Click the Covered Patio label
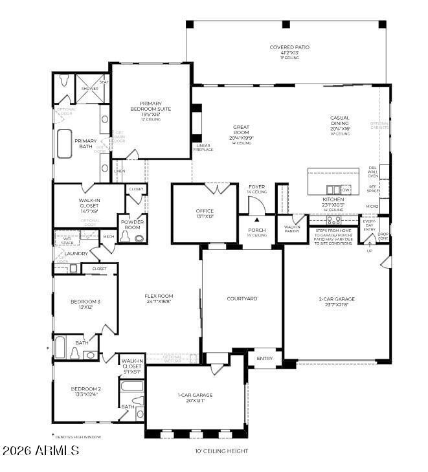tap(289, 47)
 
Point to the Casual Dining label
tap(339, 121)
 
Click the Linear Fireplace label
tap(204, 148)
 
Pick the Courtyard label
tap(242, 298)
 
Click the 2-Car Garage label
tap(337, 299)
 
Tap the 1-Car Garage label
tap(195, 395)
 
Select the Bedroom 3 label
tap(85, 302)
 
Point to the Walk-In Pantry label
tap(292, 229)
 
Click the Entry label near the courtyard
tap(265, 358)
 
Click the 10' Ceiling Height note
tap(221, 451)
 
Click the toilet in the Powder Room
tap(139, 238)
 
